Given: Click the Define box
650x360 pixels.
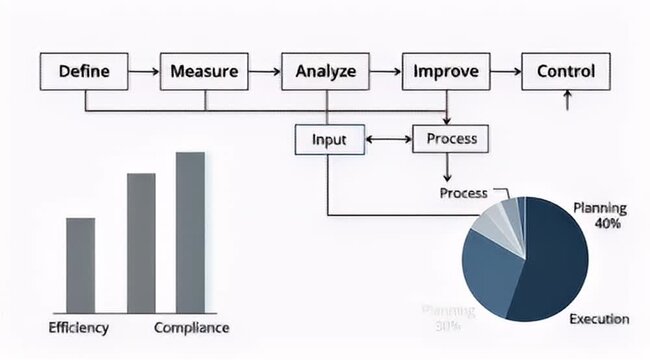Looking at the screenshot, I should (x=84, y=72).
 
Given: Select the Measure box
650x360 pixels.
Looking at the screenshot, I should (x=204, y=72).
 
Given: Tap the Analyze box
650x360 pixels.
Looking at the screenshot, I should (x=326, y=72).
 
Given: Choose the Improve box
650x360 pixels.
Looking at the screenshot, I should (x=446, y=72).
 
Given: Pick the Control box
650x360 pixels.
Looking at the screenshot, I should (x=566, y=72).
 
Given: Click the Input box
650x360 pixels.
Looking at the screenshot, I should (x=329, y=139).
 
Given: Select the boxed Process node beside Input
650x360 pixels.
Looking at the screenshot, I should (x=451, y=139).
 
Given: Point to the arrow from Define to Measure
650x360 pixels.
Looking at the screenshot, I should (x=145, y=72).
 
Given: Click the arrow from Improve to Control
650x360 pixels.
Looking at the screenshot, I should (x=506, y=72).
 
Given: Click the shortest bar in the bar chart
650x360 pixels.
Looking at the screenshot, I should (x=80, y=265).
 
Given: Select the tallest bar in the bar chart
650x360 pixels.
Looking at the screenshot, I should (x=190, y=232).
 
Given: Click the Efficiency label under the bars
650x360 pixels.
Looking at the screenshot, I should (x=79, y=328).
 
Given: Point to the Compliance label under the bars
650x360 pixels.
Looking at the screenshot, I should (x=191, y=328).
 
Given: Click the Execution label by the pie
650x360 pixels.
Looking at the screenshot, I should (x=599, y=319).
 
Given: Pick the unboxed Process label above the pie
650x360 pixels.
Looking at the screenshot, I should (x=464, y=192).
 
